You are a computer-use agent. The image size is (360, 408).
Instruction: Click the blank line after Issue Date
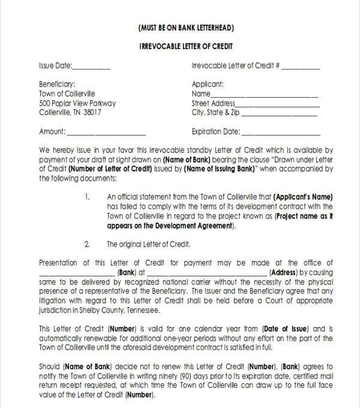[91, 68]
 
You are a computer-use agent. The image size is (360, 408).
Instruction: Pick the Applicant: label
[207, 85]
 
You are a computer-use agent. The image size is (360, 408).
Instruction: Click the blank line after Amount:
[107, 133]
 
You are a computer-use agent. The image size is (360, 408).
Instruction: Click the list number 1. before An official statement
[88, 196]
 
